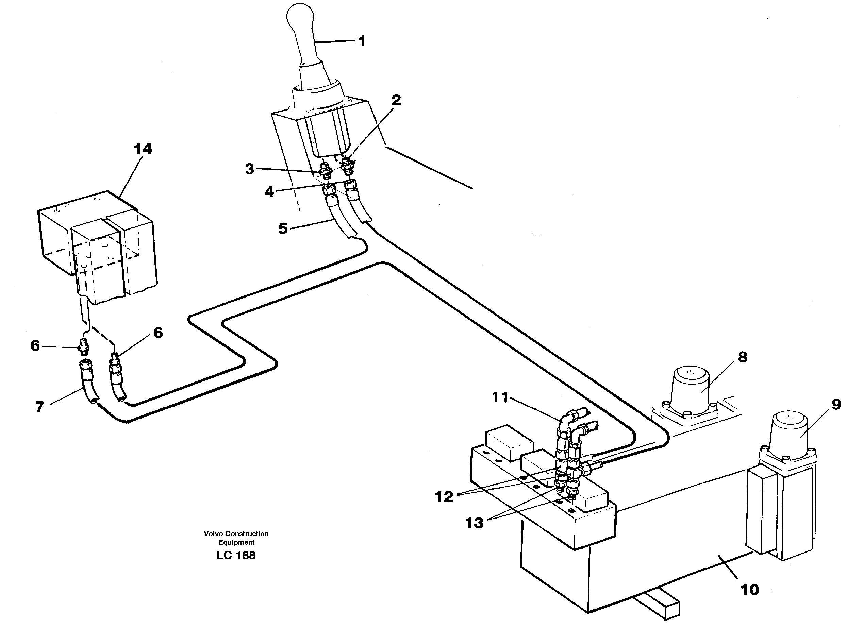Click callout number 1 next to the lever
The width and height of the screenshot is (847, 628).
362,41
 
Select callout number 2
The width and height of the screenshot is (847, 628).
396,100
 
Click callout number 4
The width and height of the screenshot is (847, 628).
269,191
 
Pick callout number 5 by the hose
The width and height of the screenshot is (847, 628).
283,228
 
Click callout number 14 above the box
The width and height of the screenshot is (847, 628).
143,149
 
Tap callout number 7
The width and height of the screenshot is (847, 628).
39,407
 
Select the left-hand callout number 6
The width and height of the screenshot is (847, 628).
35,345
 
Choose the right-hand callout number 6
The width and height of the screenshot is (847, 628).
158,333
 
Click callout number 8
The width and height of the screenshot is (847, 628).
743,357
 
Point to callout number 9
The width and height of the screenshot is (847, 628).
836,405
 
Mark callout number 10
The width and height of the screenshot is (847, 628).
750,590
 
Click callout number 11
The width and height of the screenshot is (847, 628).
500,397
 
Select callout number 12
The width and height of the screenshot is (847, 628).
444,497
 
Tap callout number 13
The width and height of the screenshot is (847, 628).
474,523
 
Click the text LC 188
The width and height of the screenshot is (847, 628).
236,555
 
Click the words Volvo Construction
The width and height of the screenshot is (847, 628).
236,534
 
